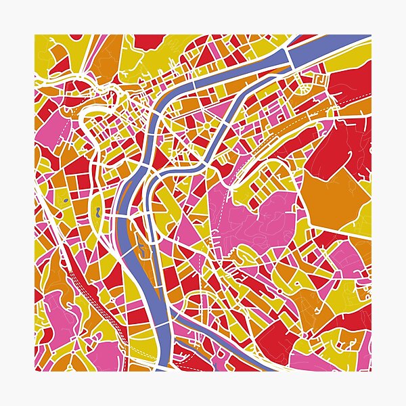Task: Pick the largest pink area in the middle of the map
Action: click(261, 217)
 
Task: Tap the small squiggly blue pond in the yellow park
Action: click(99, 211)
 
